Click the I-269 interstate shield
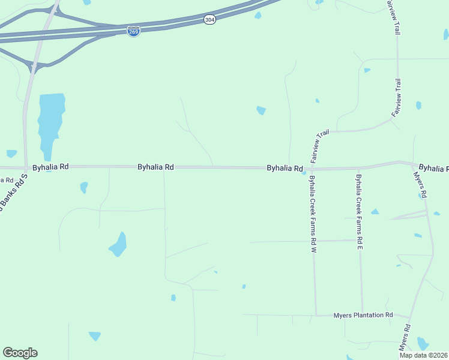(x=134, y=31)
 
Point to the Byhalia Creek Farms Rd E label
(x=359, y=211)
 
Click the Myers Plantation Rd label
(x=363, y=315)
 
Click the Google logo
(x=20, y=353)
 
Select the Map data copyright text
(x=424, y=355)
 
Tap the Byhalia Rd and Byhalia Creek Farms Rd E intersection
(x=359, y=168)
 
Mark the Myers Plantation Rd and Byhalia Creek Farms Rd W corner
(x=316, y=314)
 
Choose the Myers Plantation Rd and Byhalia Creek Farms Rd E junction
(x=362, y=314)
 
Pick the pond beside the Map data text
(x=423, y=343)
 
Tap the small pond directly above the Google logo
(x=12, y=154)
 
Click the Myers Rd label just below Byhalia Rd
(x=420, y=185)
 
